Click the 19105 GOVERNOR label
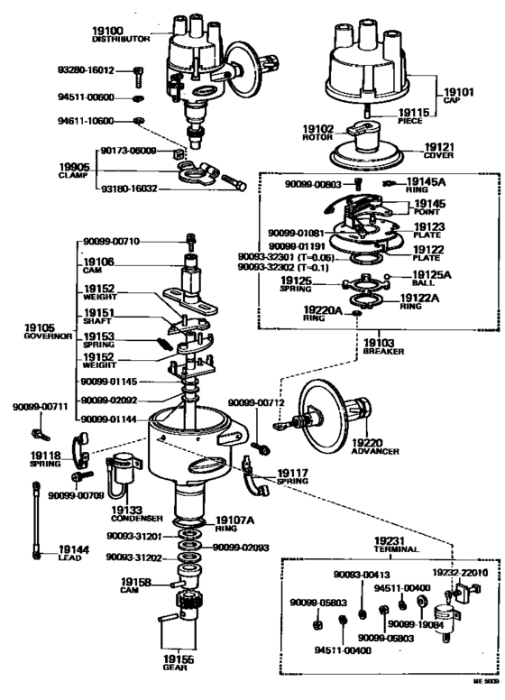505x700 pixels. coord(33,329)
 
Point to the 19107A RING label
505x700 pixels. coord(234,524)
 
